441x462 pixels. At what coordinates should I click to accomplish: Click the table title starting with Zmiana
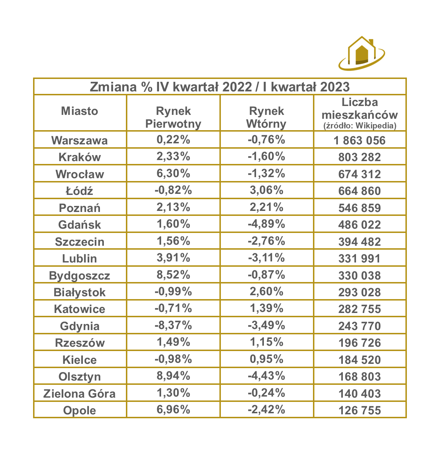point(220,87)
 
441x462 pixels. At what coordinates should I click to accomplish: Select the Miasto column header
point(79,111)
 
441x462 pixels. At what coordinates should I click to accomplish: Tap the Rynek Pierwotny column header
point(173,117)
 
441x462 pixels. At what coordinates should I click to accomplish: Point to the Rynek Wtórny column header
point(266,117)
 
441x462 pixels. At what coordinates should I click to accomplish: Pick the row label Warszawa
point(79,140)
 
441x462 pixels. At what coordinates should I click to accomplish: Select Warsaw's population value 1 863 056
point(360,140)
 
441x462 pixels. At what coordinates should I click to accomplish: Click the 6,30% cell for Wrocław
point(173,174)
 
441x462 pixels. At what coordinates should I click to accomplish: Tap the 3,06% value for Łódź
point(266,190)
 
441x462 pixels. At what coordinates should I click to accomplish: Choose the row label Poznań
point(79,208)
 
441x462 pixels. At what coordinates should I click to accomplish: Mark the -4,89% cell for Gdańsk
point(266,224)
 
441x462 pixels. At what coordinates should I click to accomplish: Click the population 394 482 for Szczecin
point(360,241)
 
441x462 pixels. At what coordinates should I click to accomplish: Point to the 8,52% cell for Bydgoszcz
point(173,275)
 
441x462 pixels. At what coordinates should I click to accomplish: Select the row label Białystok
point(79,292)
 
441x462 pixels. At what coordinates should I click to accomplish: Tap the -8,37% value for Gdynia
point(173,325)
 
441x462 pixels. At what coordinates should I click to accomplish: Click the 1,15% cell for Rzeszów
point(266,342)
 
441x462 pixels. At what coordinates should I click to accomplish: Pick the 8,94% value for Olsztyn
point(173,376)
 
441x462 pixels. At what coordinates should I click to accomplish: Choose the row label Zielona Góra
point(79,393)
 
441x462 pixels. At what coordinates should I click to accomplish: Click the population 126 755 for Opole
point(360,410)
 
